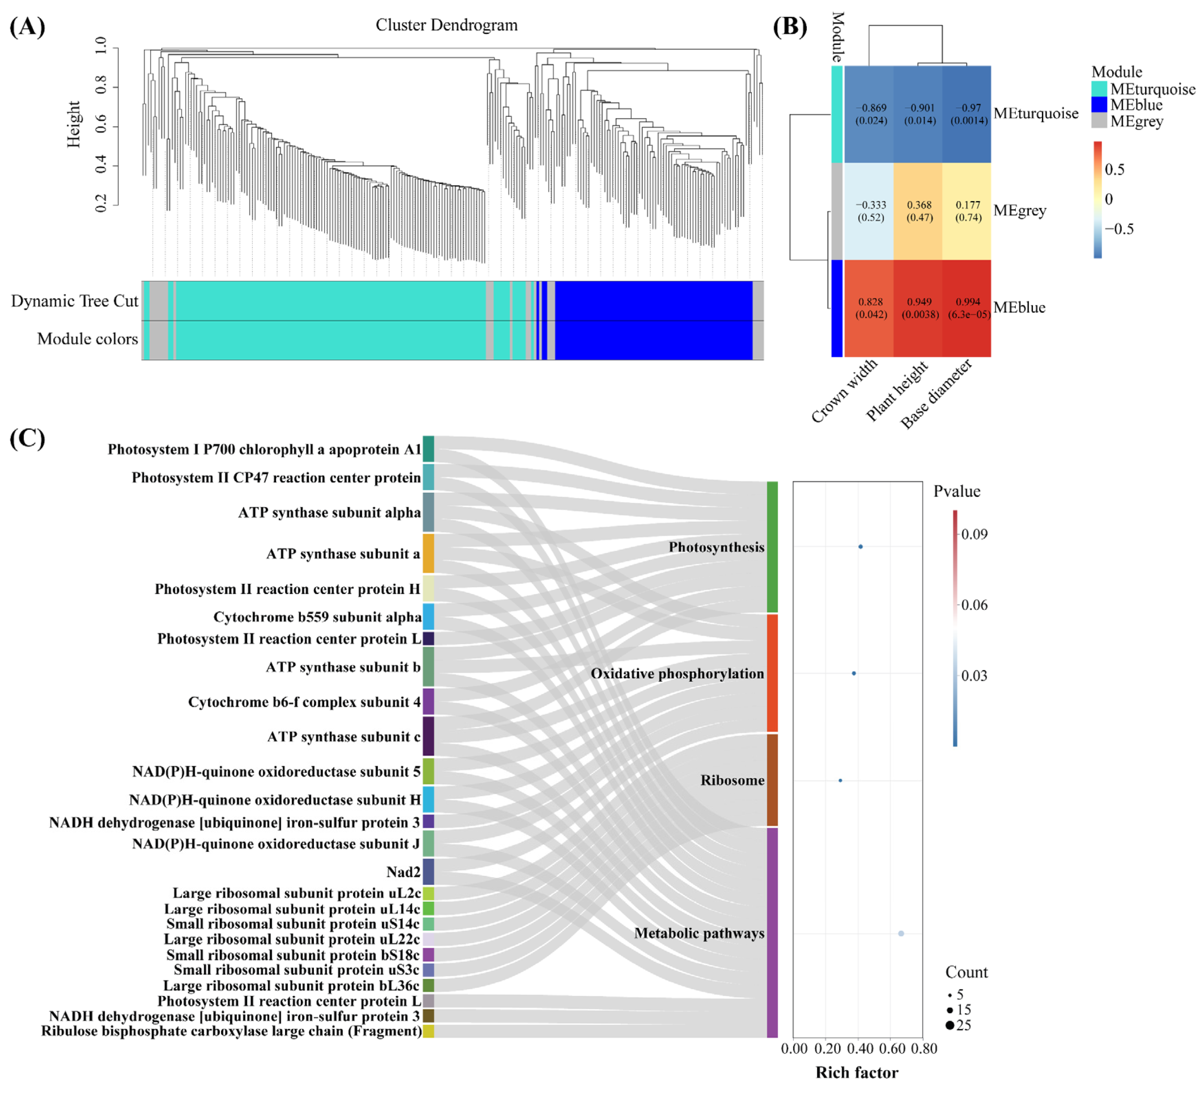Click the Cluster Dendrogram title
click(447, 25)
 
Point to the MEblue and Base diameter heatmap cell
click(967, 308)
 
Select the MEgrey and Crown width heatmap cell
click(870, 211)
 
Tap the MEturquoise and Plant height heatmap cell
click(918, 114)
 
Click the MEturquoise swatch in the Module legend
click(1099, 89)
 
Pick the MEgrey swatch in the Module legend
click(1099, 121)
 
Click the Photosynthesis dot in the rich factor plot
click(860, 547)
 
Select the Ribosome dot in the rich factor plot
click(840, 780)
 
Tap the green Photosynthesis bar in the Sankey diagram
click(772, 547)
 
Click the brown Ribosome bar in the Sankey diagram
click(772, 780)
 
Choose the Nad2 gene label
click(404, 872)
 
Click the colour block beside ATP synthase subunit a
click(428, 553)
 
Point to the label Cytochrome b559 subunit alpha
click(317, 617)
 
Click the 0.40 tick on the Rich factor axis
click(860, 1048)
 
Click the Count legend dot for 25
click(949, 1025)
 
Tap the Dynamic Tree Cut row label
click(75, 301)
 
